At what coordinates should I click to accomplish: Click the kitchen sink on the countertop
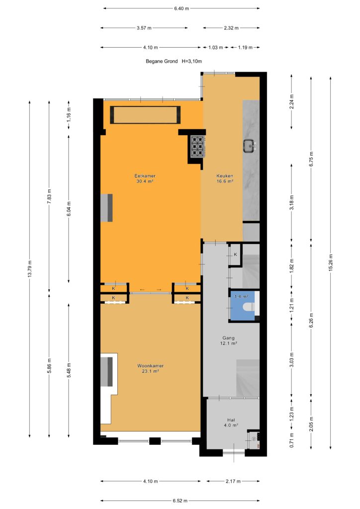pyautogui.click(x=250, y=146)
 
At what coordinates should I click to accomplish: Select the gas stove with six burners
pyautogui.click(x=198, y=147)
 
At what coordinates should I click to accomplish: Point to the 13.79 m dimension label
pyautogui.click(x=29, y=269)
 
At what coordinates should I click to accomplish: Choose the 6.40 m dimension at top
pyautogui.click(x=181, y=8)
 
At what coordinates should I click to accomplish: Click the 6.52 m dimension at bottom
pyautogui.click(x=180, y=501)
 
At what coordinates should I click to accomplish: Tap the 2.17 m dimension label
pyautogui.click(x=233, y=481)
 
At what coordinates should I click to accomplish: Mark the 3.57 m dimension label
pyautogui.click(x=144, y=28)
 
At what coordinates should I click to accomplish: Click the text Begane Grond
pyautogui.click(x=162, y=61)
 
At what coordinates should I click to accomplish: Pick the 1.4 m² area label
pyautogui.click(x=241, y=296)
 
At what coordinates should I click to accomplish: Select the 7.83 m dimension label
pyautogui.click(x=49, y=196)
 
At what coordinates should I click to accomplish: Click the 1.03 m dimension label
pyautogui.click(x=215, y=47)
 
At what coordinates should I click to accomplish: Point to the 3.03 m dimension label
pyautogui.click(x=291, y=360)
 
